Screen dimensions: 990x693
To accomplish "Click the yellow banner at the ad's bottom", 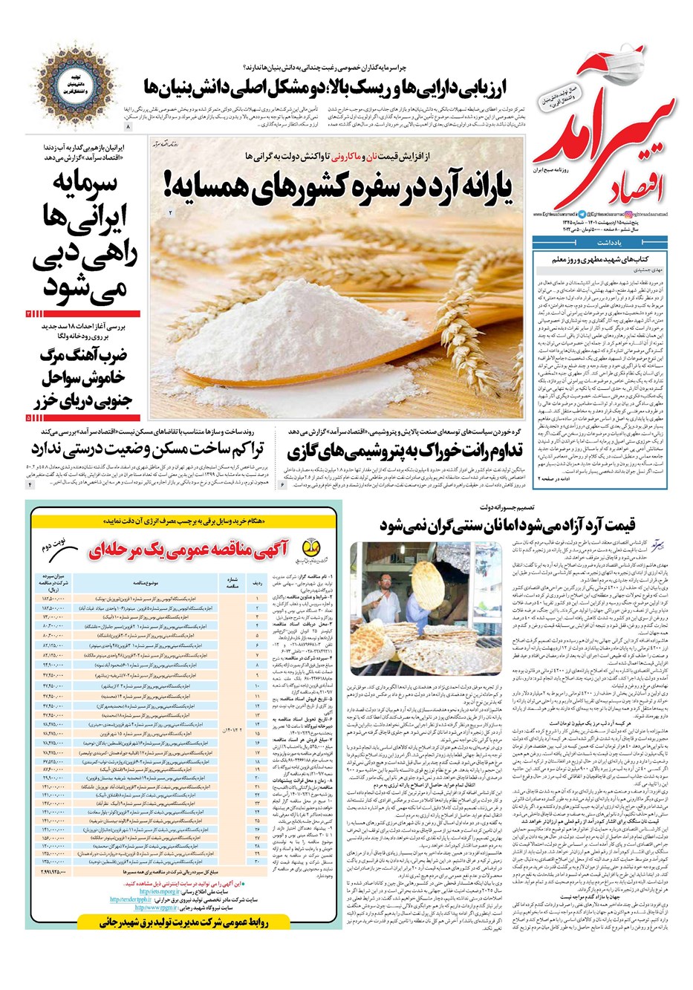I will point(183,922).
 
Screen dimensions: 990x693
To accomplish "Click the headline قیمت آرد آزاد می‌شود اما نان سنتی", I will point(505,525).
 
